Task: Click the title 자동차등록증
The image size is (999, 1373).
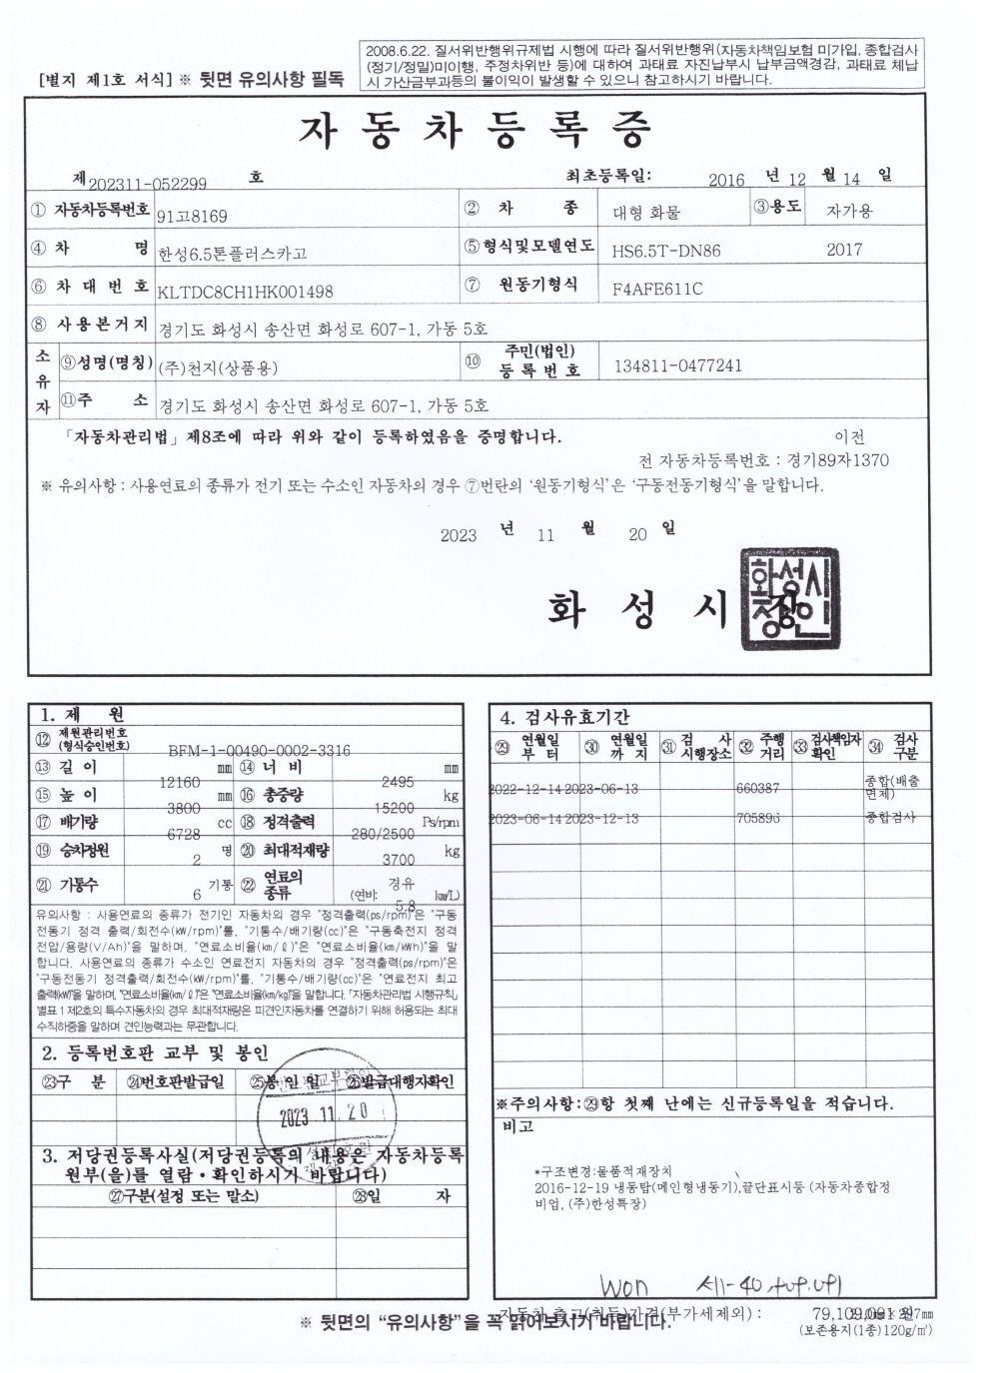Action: point(475,129)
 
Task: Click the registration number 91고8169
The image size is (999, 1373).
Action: point(193,216)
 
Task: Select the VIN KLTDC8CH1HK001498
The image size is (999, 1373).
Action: point(245,291)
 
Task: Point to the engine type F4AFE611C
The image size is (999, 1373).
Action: point(656,290)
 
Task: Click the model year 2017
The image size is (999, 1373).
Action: point(844,250)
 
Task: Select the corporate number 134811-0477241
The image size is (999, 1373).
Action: point(677,365)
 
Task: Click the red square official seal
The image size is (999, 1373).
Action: point(788,599)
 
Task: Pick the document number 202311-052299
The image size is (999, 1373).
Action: point(148,183)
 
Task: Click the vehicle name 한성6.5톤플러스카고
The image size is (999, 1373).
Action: point(233,253)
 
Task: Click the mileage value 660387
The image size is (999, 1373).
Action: point(759,788)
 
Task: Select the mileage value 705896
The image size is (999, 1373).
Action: point(759,818)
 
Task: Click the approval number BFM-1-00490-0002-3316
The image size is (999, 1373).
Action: point(259,750)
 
